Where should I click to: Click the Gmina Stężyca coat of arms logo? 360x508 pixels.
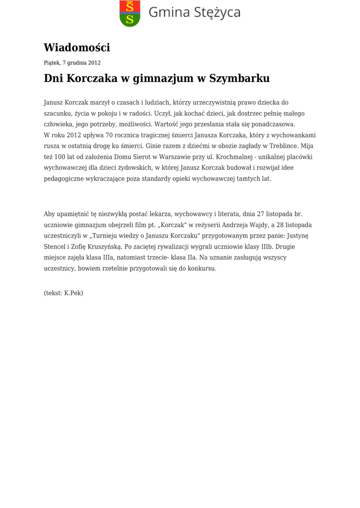click(x=130, y=13)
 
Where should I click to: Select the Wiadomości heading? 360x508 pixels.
click(x=77, y=48)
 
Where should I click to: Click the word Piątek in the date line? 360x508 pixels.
click(x=52, y=63)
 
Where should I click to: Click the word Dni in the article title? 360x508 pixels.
click(x=54, y=78)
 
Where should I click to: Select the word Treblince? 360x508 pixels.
click(x=298, y=146)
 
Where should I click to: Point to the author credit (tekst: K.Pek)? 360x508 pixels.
click(x=64, y=293)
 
